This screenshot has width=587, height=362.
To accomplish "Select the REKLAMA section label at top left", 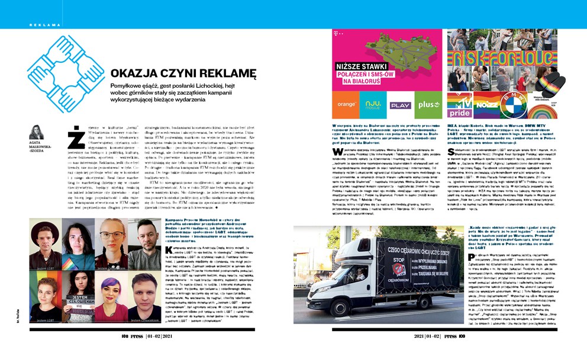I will tap(45, 25).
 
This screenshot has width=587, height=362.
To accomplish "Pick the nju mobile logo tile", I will tap(373, 104).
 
